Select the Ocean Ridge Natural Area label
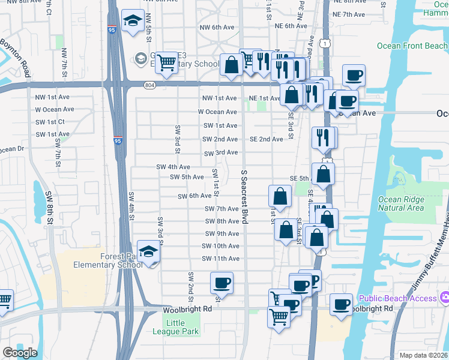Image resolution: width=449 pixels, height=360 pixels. (401, 204)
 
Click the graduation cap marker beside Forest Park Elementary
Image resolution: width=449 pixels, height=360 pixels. (148, 252)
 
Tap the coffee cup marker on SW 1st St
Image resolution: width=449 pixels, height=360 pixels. (221, 283)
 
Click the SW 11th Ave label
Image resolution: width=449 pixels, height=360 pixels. (220, 259)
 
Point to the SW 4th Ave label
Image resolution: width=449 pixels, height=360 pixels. (173, 167)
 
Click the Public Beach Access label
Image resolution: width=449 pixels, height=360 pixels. (397, 298)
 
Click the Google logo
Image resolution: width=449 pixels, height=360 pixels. (20, 353)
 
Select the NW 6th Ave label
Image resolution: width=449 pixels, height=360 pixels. (217, 27)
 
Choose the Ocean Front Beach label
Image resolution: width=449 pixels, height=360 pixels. (412, 46)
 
